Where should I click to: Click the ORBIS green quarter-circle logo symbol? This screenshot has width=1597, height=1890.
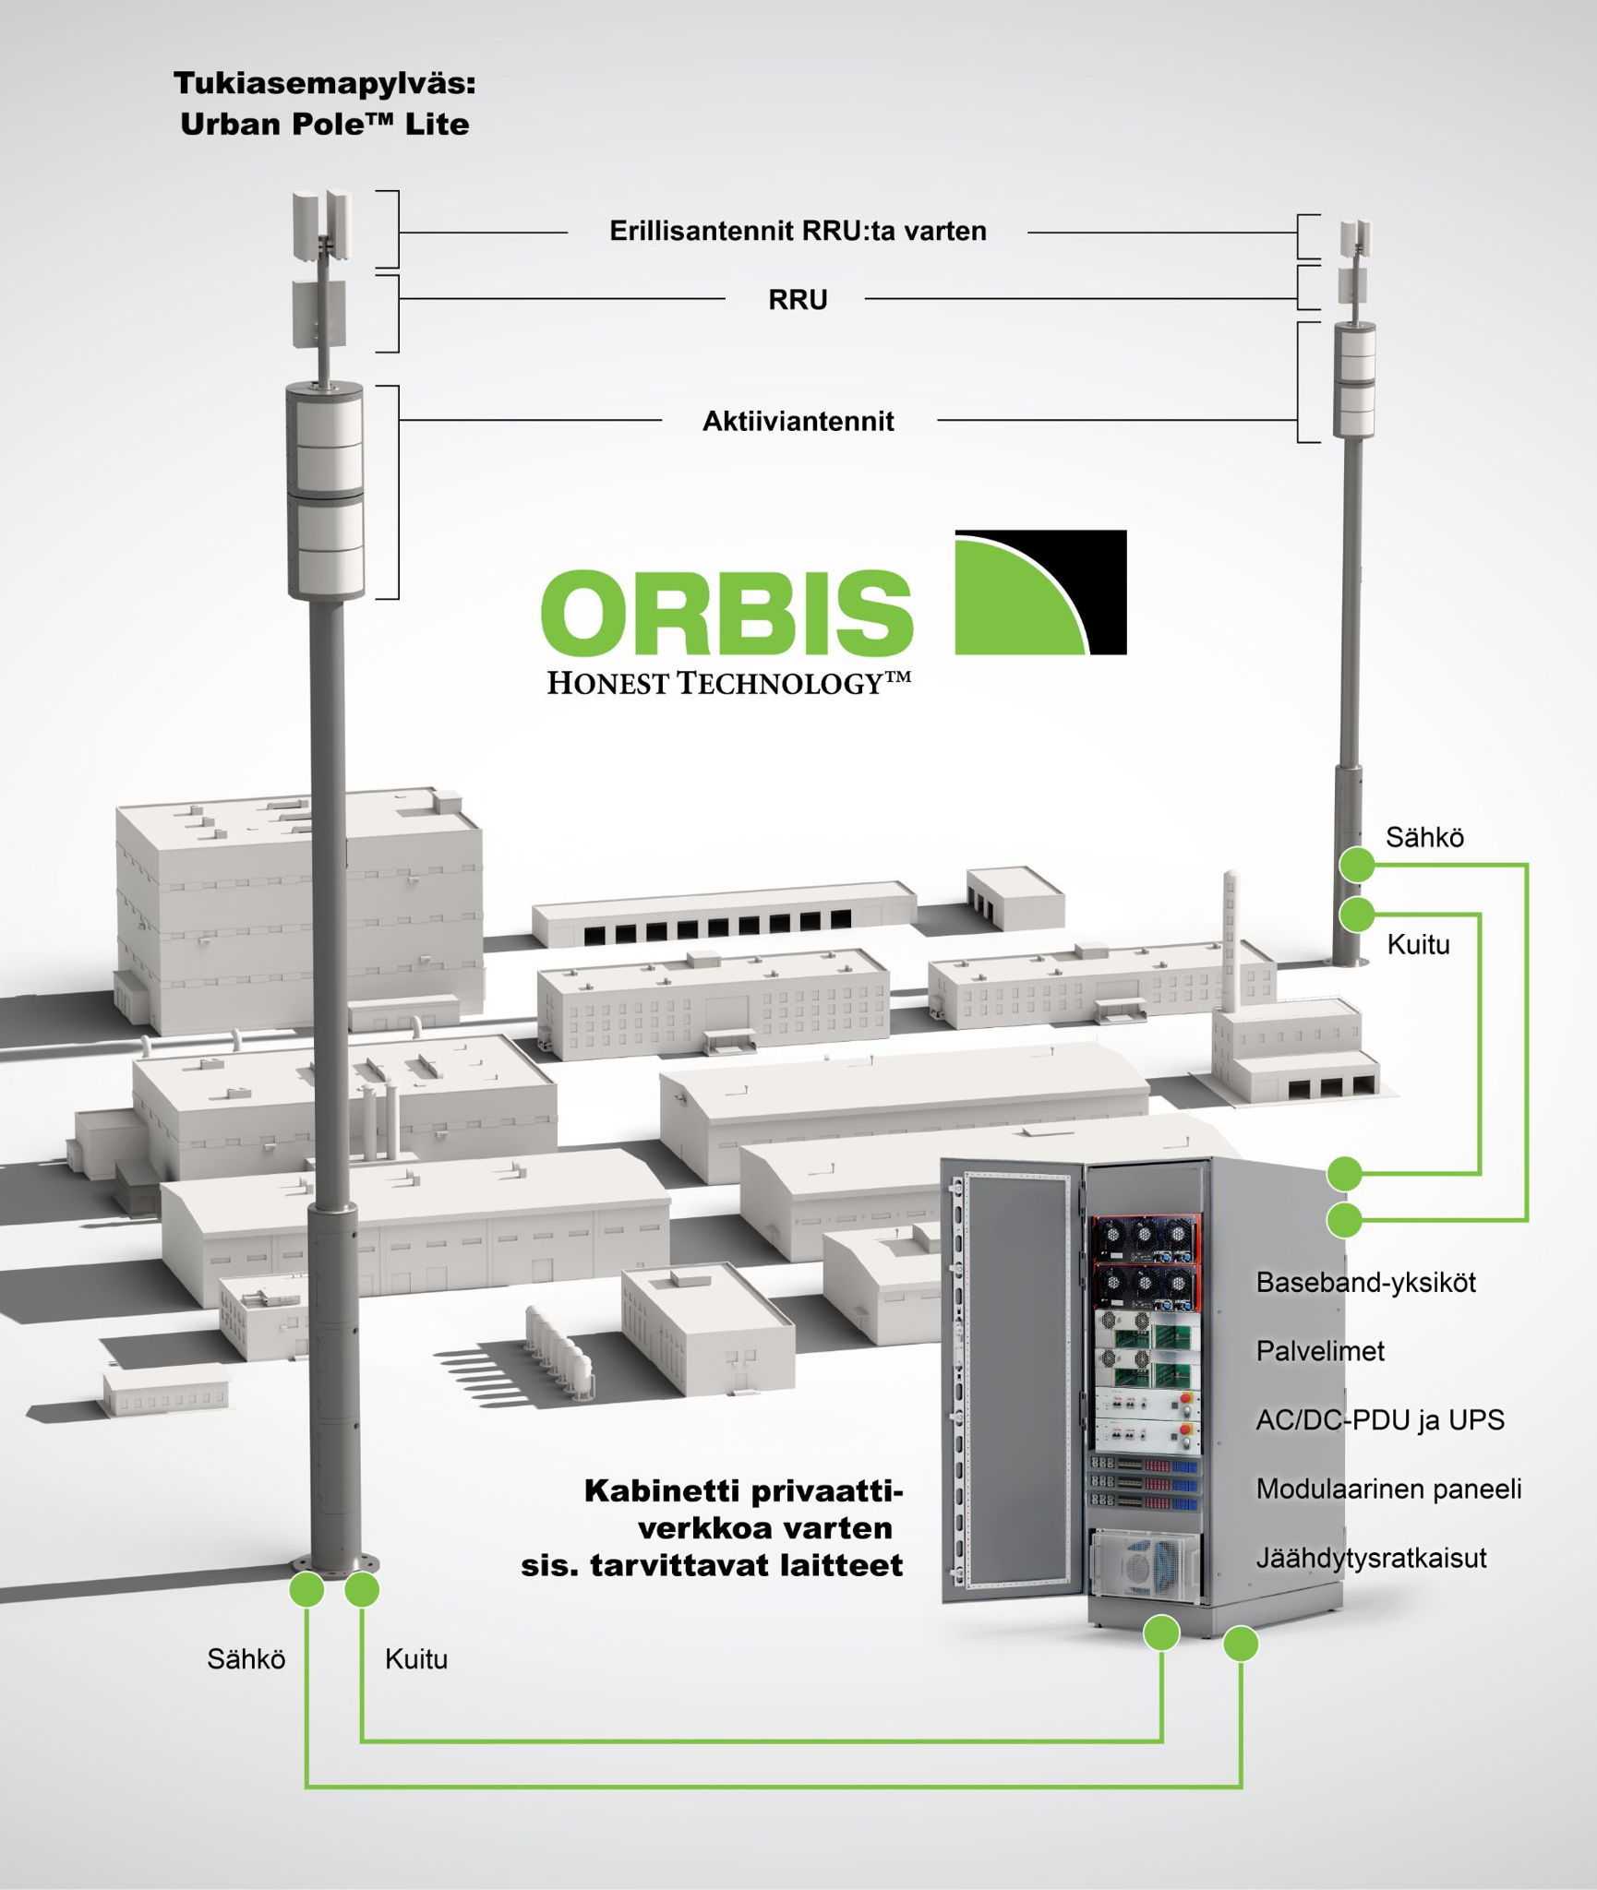pyautogui.click(x=1040, y=592)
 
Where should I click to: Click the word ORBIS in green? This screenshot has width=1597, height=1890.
pyautogui.click(x=726, y=610)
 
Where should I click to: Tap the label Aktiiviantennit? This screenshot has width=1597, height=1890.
pyautogui.click(x=798, y=422)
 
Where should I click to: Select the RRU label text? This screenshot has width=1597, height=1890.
pyautogui.click(x=798, y=300)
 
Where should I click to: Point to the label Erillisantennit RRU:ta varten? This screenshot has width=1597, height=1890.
pyautogui.click(x=798, y=231)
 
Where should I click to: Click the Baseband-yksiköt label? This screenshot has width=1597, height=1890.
pyautogui.click(x=1365, y=1282)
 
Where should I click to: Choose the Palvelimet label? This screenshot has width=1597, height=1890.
pyautogui.click(x=1320, y=1351)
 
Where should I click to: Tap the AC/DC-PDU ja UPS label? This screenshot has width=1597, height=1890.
pyautogui.click(x=1380, y=1419)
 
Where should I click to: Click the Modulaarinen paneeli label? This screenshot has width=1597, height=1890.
pyautogui.click(x=1388, y=1489)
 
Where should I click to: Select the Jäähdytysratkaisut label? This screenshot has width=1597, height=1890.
pyautogui.click(x=1371, y=1558)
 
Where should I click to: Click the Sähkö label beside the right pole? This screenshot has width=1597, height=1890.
pyautogui.click(x=1424, y=837)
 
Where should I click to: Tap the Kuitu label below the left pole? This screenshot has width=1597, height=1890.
pyautogui.click(x=416, y=1659)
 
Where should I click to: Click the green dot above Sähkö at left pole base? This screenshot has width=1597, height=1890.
pyautogui.click(x=307, y=1590)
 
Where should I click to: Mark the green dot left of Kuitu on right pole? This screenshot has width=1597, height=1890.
pyautogui.click(x=1357, y=914)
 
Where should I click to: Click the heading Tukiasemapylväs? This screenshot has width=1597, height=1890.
pyautogui.click(x=325, y=84)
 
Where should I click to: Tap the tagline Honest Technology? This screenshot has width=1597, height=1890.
pyautogui.click(x=729, y=683)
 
